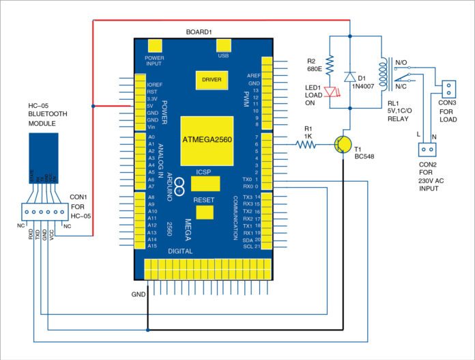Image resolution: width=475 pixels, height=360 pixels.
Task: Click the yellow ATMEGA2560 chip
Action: tap(206, 139)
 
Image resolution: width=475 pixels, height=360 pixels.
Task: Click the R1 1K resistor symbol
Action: tap(304, 144)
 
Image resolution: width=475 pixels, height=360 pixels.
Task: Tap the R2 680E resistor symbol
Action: tap(329, 66)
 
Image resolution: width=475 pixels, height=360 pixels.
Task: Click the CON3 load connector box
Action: tap(448, 89)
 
